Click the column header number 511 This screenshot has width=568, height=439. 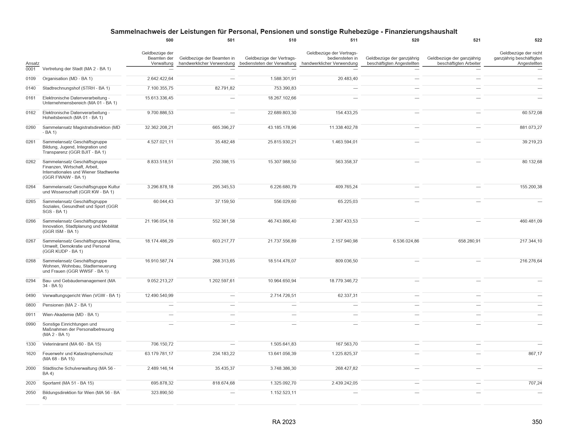pos(354,40)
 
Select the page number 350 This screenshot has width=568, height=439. pos(537,422)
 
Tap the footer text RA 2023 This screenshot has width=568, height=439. pos(284,422)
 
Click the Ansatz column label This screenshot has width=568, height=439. pos(33,64)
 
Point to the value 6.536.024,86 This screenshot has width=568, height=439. pos(406,241)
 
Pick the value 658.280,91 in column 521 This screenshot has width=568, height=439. pos(469,241)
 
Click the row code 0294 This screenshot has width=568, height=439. pos(31,281)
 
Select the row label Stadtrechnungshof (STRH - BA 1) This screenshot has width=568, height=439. pos(76,88)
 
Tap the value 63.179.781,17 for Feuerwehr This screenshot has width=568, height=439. pos(159,354)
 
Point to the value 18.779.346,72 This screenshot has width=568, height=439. pos(343,281)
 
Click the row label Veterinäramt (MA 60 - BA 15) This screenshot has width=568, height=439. pos(72,344)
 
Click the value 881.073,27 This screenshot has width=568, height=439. pos(531,127)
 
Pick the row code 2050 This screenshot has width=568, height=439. pos(31,393)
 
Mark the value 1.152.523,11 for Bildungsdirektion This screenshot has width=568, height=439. pos(283,393)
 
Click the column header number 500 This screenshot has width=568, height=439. pos(169,40)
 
